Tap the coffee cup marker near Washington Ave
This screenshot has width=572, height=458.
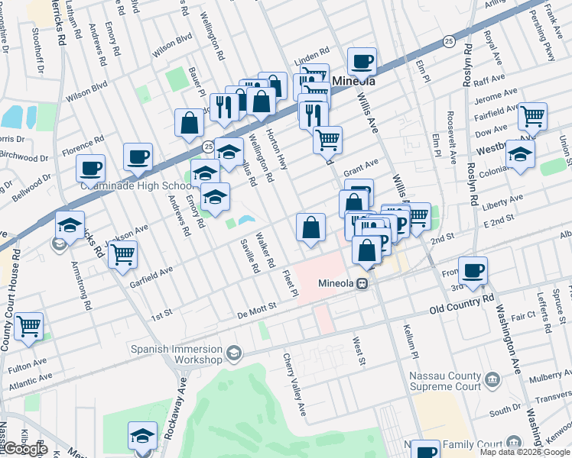click(473, 270)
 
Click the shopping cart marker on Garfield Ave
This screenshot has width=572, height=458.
click(122, 254)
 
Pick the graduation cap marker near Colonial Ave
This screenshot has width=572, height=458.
click(520, 156)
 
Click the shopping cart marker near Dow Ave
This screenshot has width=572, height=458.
click(532, 117)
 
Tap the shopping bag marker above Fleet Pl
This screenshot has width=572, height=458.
click(310, 227)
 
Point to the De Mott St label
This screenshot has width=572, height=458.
click(256, 308)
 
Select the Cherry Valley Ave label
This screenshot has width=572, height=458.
click(294, 385)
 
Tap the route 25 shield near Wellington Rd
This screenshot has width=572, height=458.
click(208, 145)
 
